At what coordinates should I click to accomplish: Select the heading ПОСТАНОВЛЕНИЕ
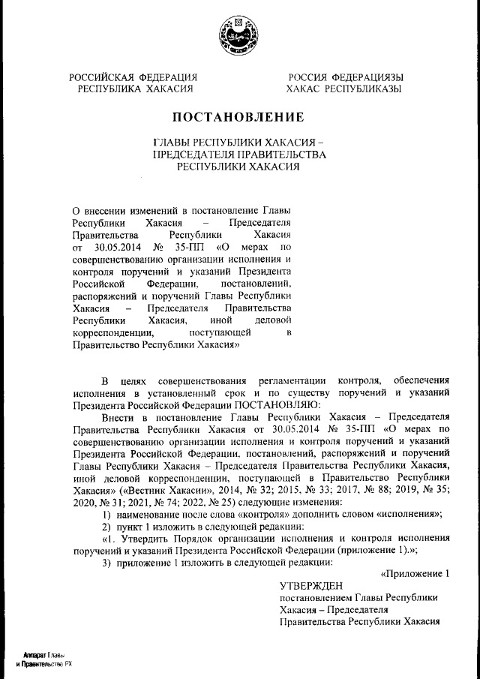(x=238, y=117)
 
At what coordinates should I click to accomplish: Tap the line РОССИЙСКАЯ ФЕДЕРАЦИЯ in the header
(x=133, y=77)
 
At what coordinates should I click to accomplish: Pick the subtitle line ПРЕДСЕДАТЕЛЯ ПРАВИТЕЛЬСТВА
(x=238, y=155)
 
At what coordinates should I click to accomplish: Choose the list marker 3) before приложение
(x=106, y=562)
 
